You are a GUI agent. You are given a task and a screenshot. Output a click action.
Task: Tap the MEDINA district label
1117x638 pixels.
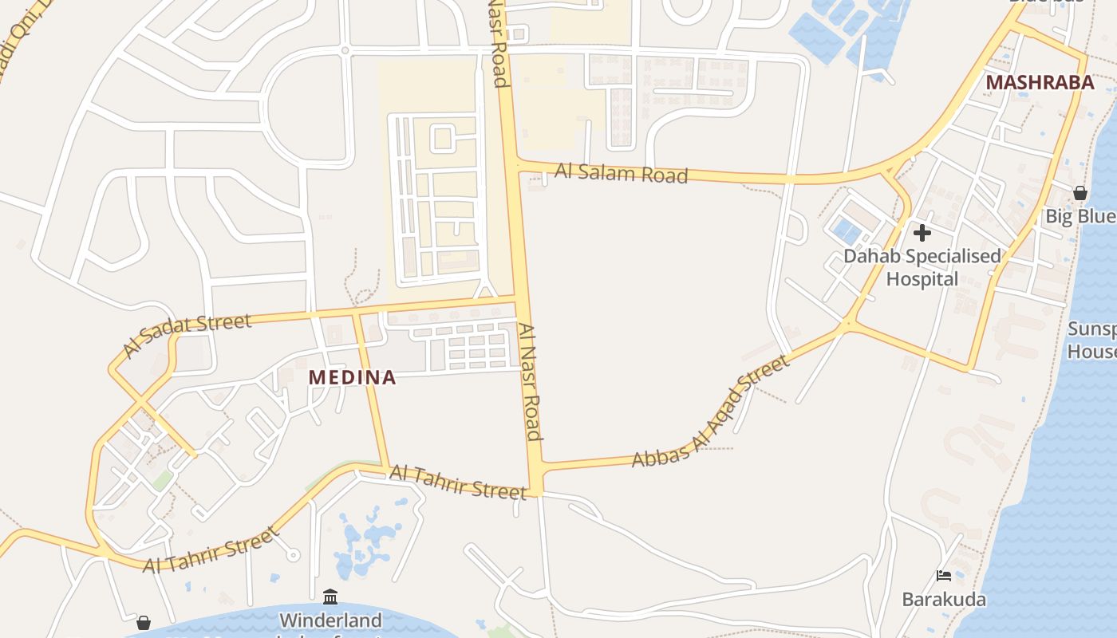(352, 377)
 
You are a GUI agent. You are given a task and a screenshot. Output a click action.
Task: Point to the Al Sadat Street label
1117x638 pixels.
(187, 335)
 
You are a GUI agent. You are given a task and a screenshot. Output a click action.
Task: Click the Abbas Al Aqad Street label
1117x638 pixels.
(710, 412)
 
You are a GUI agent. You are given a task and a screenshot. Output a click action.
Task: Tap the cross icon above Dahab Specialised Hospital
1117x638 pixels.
(922, 233)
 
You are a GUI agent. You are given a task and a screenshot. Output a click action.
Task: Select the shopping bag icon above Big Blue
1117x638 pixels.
(1080, 192)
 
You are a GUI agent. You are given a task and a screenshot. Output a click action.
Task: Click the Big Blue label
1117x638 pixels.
(1080, 216)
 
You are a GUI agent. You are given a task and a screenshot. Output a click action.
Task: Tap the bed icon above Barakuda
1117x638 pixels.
(944, 576)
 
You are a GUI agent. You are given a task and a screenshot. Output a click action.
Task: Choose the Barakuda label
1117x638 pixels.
(944, 599)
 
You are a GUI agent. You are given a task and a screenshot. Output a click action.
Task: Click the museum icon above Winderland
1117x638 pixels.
(330, 597)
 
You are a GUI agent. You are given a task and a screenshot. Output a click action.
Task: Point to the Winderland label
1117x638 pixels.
(330, 620)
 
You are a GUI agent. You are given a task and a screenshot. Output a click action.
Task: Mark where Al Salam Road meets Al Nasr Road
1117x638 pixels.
(514, 165)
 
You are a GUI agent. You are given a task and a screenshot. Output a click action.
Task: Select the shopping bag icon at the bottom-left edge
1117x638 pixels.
(144, 622)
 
